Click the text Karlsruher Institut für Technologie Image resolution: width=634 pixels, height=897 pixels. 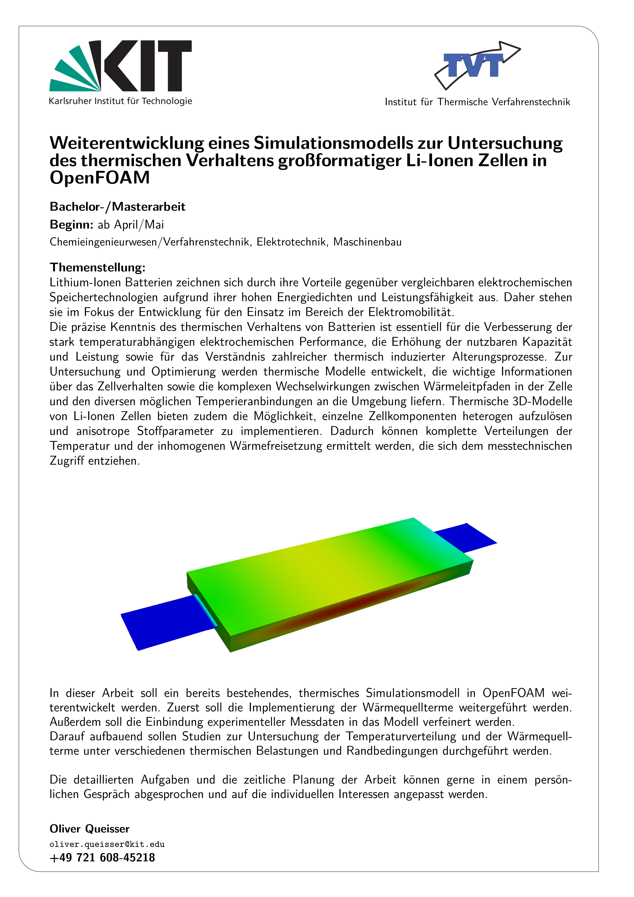click(120, 101)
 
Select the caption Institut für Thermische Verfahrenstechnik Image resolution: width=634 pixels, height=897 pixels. click(477, 102)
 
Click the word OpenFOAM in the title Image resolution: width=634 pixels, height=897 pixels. click(100, 178)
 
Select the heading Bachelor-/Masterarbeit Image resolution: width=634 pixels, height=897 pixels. click(117, 207)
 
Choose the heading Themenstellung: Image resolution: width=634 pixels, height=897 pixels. click(97, 268)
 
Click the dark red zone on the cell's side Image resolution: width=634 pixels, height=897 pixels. click(352, 604)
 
